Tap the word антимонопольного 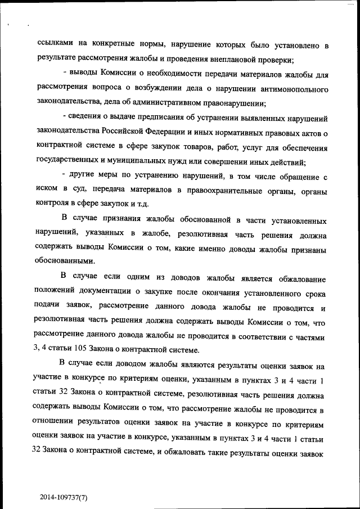294,88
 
